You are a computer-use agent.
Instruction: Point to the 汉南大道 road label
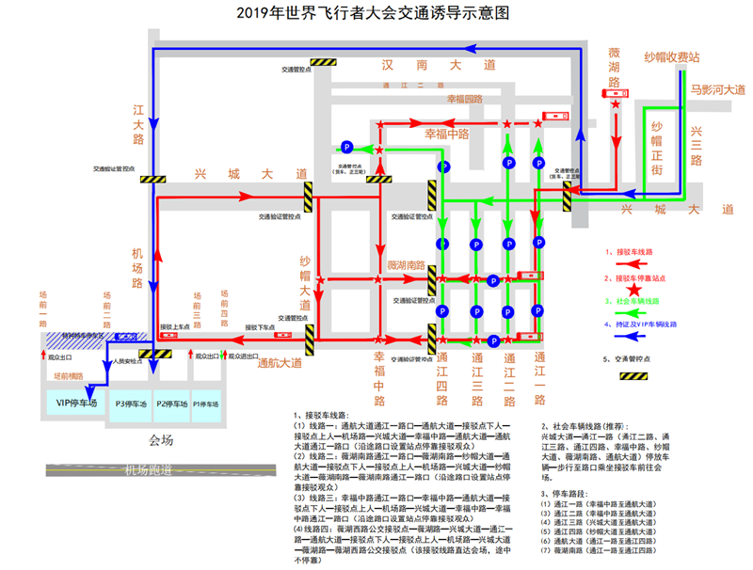pos(438,66)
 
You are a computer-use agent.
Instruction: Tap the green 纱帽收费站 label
pos(671,57)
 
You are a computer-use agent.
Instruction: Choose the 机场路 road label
pos(137,268)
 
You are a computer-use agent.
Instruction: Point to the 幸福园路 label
pos(464,99)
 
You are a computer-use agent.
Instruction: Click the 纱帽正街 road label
pos(657,147)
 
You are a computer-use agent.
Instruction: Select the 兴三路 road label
pos(697,145)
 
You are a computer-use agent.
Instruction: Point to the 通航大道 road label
pos(280,362)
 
